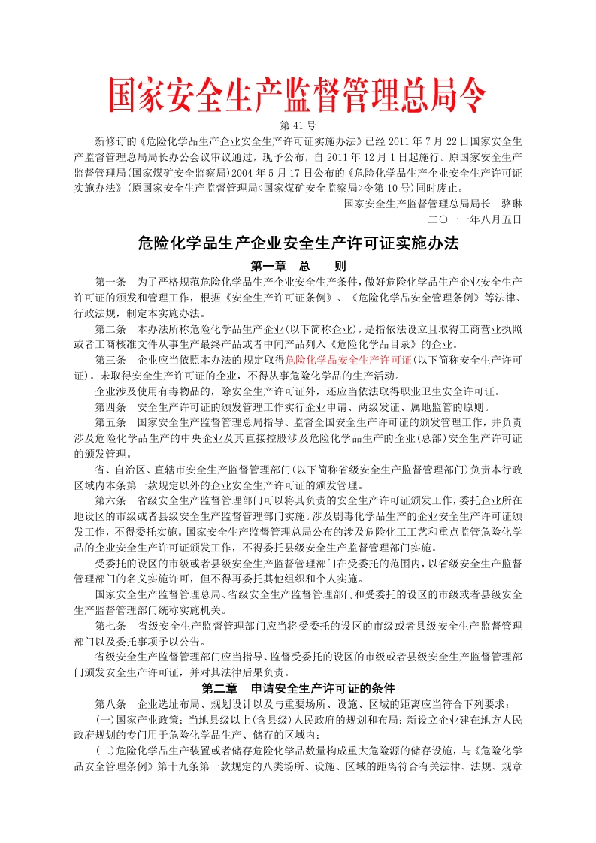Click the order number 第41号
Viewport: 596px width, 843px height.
298,125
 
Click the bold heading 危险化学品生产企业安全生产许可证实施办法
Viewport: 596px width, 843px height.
298,243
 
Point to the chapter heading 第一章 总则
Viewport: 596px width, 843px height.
298,266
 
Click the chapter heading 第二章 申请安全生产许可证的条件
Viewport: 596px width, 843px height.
298,688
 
